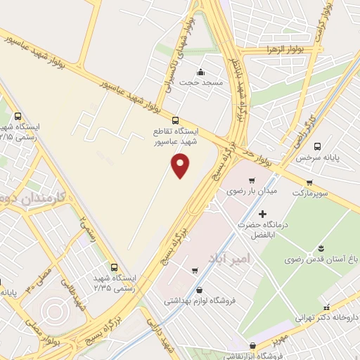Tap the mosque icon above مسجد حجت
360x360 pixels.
pos(201,71)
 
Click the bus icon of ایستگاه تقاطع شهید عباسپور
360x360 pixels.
pos(176,120)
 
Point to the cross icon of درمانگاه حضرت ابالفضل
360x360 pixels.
pos(263,214)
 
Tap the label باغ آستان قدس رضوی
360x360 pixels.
pos(321,259)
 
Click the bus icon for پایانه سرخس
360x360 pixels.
pos(317,147)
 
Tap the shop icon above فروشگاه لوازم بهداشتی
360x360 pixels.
pos(200,290)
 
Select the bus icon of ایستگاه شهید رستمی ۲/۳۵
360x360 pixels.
pos(116,267)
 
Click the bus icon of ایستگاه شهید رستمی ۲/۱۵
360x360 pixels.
pos(18,117)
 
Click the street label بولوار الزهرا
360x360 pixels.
pos(281,49)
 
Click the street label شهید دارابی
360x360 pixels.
pos(155,337)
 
